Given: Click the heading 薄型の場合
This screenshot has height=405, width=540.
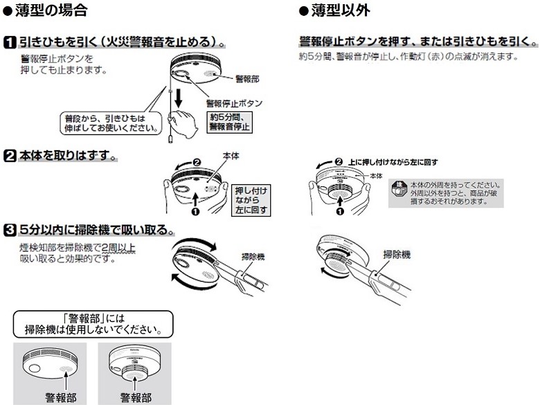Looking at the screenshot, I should click(52, 11).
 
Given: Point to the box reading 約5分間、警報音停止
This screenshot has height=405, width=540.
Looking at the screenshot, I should click(230, 122).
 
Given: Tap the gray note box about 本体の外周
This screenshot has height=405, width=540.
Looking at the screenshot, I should click(445, 193).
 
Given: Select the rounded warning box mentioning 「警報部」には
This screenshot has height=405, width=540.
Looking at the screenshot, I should click(93, 323).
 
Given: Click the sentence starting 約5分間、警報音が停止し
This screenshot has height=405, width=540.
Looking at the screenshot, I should click(408, 55).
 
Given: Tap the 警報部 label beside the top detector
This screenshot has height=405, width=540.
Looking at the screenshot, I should click(247, 79).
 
